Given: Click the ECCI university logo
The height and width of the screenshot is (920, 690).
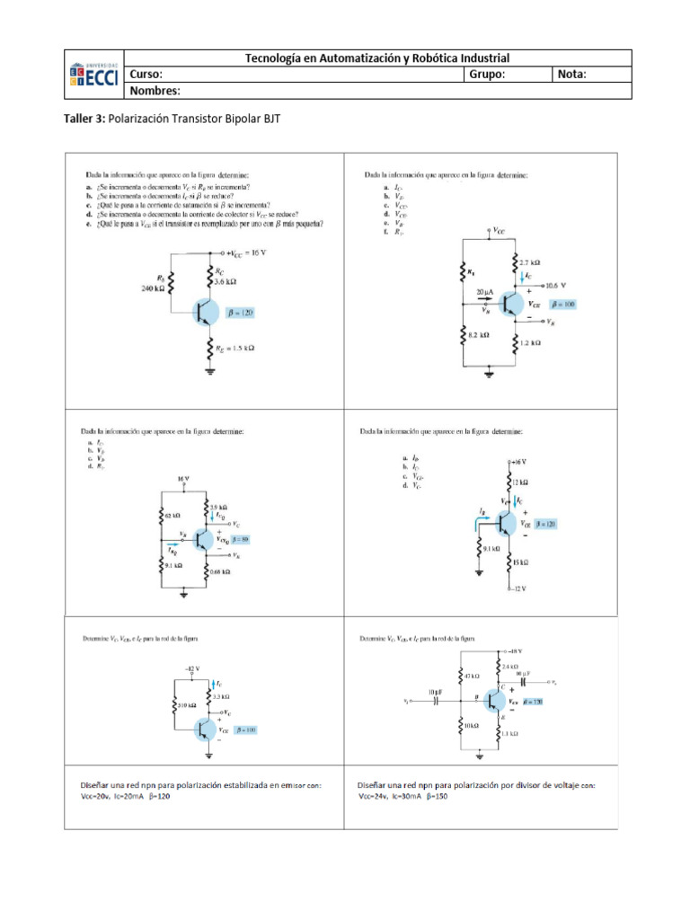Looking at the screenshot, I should (x=93, y=74).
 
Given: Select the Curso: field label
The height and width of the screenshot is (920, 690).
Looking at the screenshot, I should (x=146, y=75).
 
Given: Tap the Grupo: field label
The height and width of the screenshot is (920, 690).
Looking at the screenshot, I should (x=487, y=75).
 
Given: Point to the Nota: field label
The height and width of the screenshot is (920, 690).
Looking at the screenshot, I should (x=571, y=75).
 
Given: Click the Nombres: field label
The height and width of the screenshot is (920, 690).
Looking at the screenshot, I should (x=155, y=91).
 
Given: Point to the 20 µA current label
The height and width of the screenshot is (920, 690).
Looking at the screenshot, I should (x=486, y=293).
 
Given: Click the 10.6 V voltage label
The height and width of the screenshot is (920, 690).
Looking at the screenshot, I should (x=560, y=285).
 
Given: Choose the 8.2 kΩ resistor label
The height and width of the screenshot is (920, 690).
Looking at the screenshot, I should (x=478, y=335).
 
